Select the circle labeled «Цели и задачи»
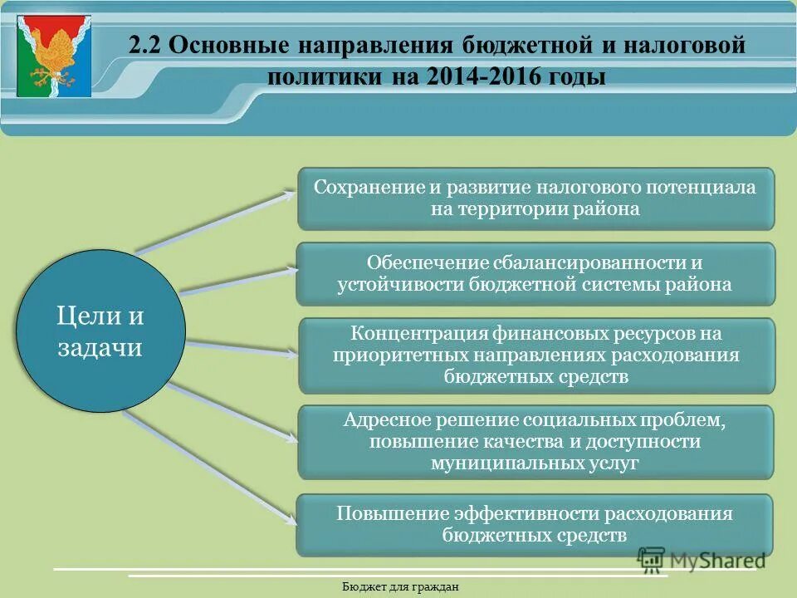[100, 331]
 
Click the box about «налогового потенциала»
[535, 199]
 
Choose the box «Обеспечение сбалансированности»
[535, 274]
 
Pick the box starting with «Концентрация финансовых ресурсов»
[535, 355]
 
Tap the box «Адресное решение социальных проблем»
[535, 442]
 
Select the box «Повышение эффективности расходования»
[535, 525]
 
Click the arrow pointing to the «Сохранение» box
[216, 221]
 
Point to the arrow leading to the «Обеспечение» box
[237, 279]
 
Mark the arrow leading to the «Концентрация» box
[241, 347]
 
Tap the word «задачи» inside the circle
[100, 347]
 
